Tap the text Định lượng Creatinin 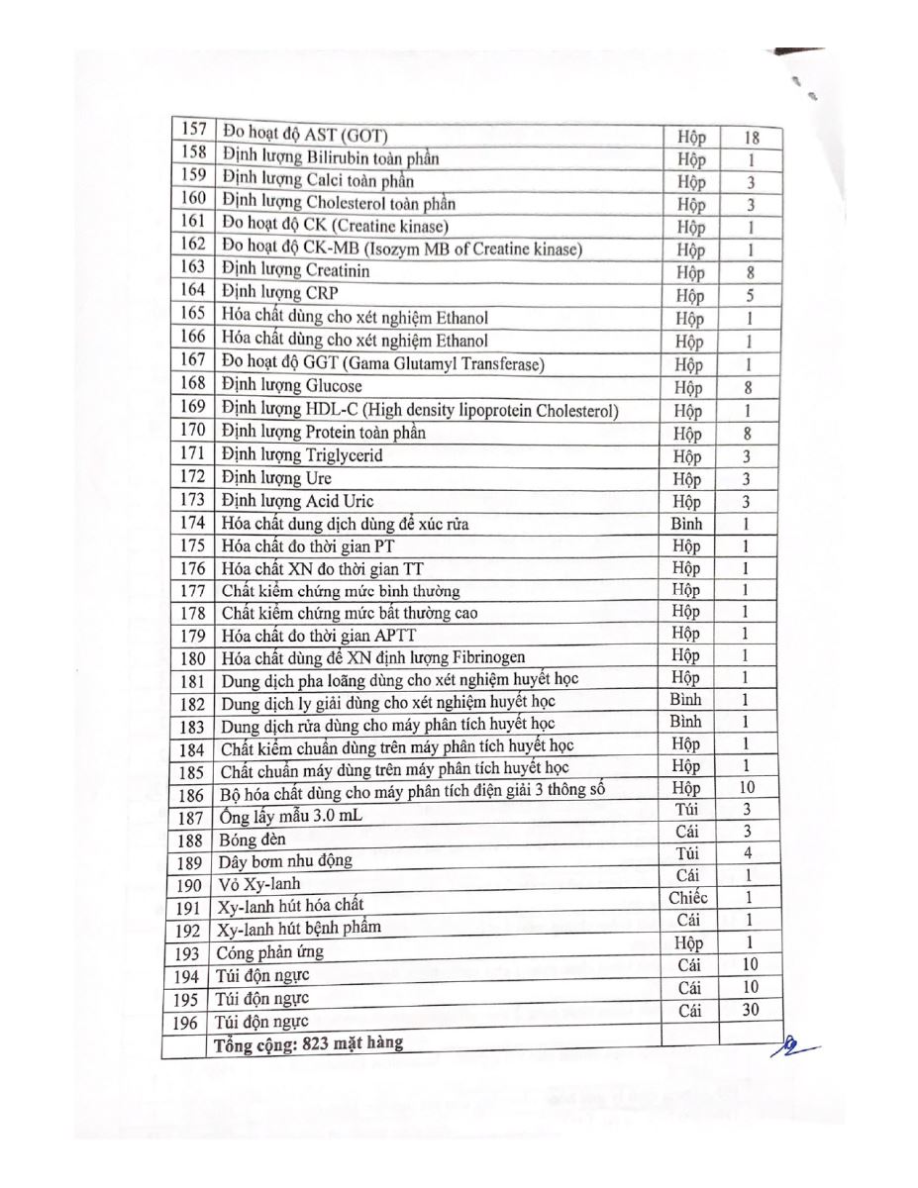296,269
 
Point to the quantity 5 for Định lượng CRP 749,295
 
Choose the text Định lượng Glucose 292,385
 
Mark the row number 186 192,795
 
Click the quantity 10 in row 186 747,788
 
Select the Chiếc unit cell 688,898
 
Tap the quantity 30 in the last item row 750,1010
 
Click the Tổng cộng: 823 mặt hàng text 307,1042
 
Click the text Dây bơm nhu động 285,861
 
